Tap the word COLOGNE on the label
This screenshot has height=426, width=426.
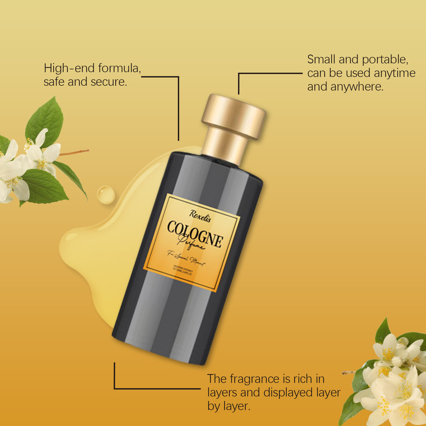coord(195,234)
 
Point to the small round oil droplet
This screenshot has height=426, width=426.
coord(106,195)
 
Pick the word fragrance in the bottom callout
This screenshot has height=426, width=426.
coord(255,379)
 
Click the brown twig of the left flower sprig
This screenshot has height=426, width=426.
coord(75,153)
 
